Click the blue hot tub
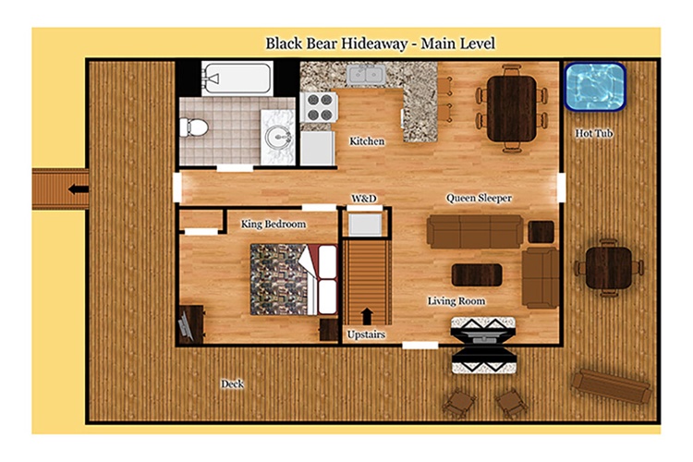595,87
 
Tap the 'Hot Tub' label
594,133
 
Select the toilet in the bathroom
194,128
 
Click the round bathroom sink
277,137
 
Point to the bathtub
237,79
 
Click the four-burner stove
319,107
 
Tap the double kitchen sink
366,75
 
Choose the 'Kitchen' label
367,141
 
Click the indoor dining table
512,109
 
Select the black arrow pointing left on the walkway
79,189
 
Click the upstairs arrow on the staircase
367,317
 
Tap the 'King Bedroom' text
274,225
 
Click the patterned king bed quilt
279,279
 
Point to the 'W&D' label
364,199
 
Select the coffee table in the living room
477,275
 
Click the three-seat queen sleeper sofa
475,231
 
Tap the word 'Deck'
232,383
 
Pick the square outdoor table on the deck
609,267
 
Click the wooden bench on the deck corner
612,386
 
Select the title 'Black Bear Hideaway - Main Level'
380,43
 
